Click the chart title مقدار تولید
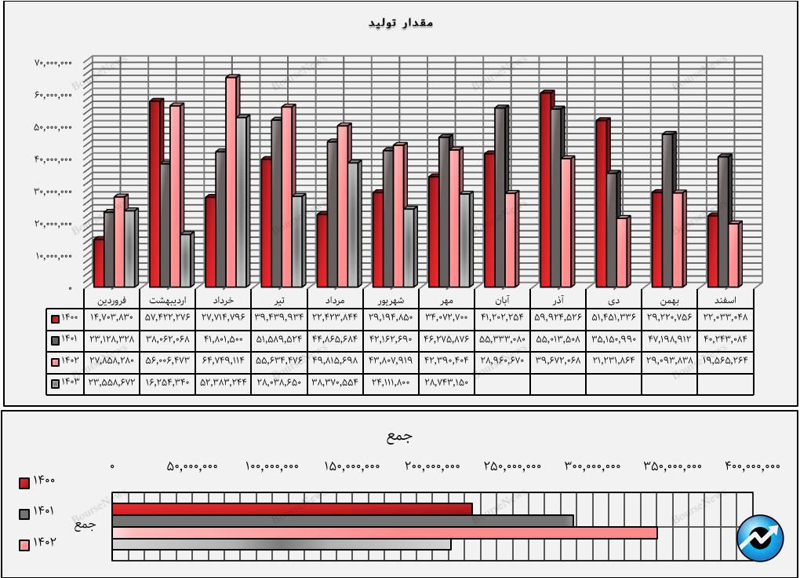click(x=401, y=23)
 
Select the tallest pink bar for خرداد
click(x=231, y=181)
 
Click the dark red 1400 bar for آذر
click(x=546, y=189)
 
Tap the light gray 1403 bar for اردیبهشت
click(x=185, y=259)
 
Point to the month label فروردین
click(x=112, y=300)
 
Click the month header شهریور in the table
click(x=391, y=300)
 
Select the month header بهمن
click(x=669, y=300)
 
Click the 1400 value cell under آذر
click(x=558, y=318)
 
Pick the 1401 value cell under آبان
click(x=502, y=340)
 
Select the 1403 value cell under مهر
click(x=446, y=383)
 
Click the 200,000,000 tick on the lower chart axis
click(x=432, y=466)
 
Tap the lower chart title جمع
click(x=399, y=437)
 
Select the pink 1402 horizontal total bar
click(x=384, y=532)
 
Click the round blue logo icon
click(x=760, y=538)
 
